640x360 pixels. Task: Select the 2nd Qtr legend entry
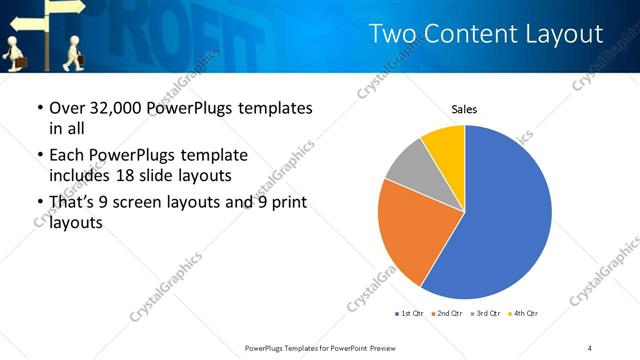click(448, 314)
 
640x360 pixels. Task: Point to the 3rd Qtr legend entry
click(487, 314)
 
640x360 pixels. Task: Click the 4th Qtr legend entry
click(525, 314)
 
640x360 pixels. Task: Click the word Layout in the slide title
click(566, 35)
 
